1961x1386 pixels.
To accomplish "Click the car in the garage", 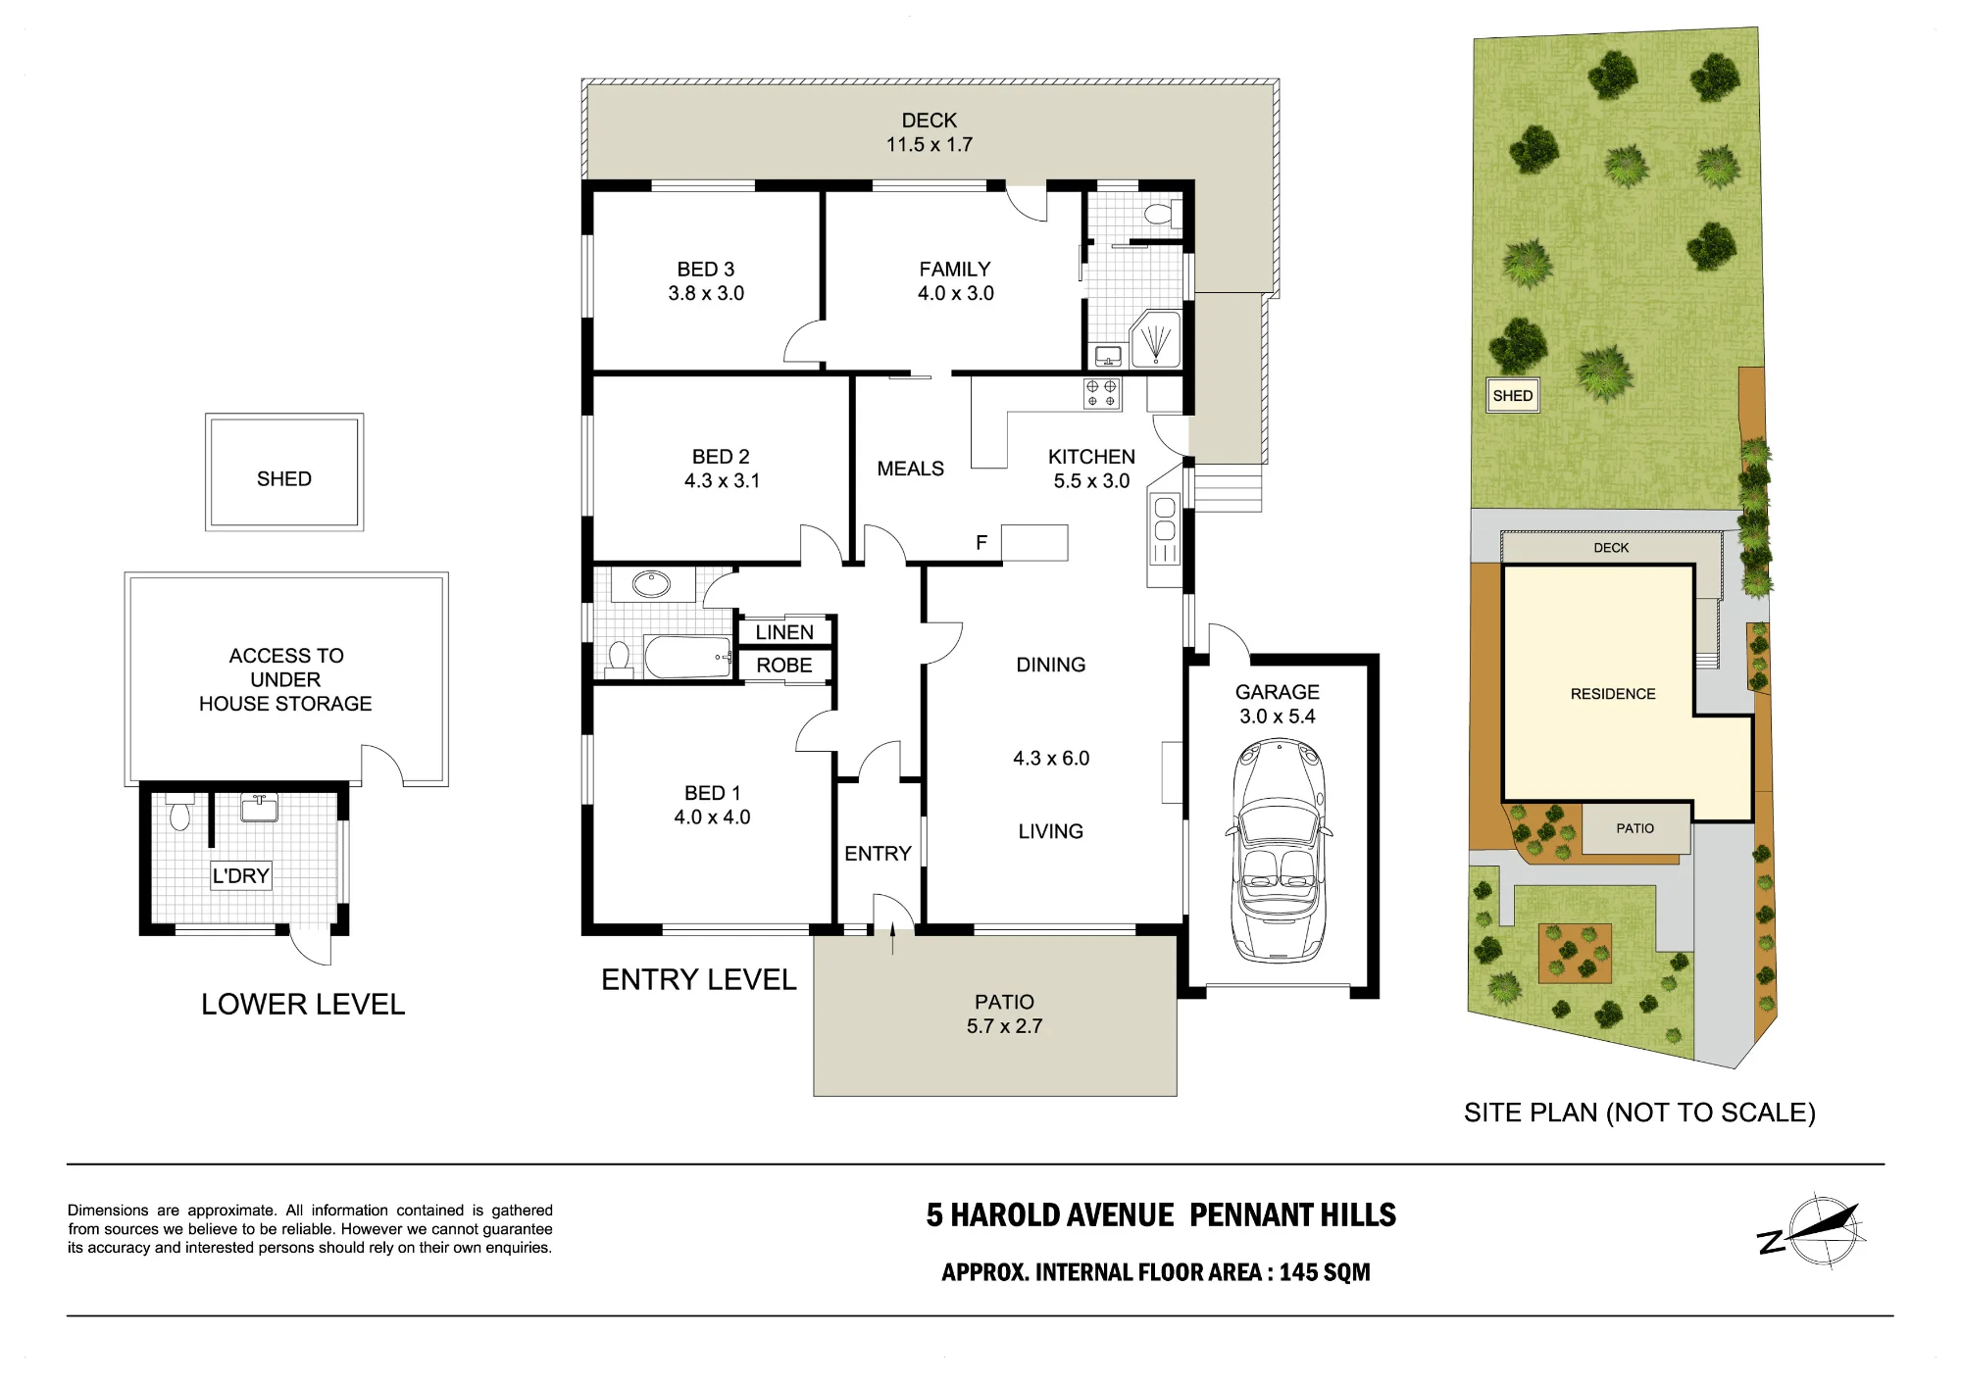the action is pos(1279,850).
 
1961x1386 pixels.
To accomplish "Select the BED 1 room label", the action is pos(712,805).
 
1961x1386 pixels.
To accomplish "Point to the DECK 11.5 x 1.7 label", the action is pos(930,132).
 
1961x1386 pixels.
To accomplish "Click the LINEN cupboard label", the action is pos(784,632).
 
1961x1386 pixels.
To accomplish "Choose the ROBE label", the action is pos(784,666).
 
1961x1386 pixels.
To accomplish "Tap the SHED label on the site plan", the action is pos(1512,396).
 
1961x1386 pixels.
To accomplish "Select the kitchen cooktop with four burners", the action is pos(1101,394).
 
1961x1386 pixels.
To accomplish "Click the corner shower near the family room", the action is pos(1156,339).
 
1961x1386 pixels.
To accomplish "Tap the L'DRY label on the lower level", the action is pos(241,875).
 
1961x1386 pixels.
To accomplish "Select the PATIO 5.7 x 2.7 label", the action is pos(1004,1014).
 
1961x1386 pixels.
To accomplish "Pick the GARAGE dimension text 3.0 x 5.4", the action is pos(1278,717).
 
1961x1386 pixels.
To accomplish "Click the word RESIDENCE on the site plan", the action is pos(1613,694).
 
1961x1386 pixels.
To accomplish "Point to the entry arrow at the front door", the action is pos(892,938).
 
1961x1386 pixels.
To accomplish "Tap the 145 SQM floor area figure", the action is pos(1325,1272).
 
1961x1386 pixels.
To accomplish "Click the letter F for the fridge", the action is pos(981,543).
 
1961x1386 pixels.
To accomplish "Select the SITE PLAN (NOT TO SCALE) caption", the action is pos(1639,1113).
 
